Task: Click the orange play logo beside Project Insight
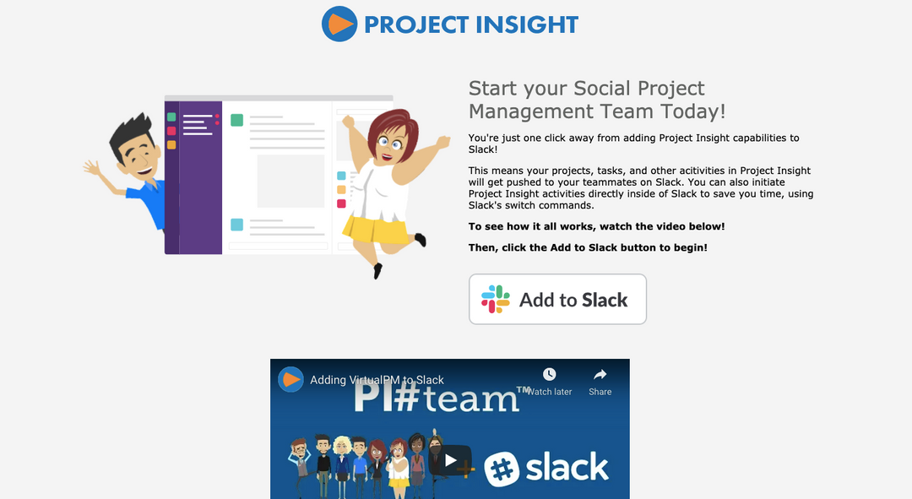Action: pyautogui.click(x=339, y=24)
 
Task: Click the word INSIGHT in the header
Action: pyautogui.click(x=526, y=24)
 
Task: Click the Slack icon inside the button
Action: pyautogui.click(x=496, y=300)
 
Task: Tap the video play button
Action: pyautogui.click(x=450, y=461)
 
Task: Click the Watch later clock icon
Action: pyautogui.click(x=550, y=374)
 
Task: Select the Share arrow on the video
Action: pyautogui.click(x=600, y=374)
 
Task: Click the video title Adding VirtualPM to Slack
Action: pyautogui.click(x=377, y=380)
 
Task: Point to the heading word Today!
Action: pyautogui.click(x=693, y=111)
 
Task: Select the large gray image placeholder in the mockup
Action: pyautogui.click(x=290, y=181)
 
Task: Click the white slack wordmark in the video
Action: pyautogui.click(x=566, y=467)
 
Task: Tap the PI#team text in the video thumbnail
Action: pyautogui.click(x=435, y=397)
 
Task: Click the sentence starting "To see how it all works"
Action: pyautogui.click(x=596, y=226)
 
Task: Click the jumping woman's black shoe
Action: pyautogui.click(x=377, y=271)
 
